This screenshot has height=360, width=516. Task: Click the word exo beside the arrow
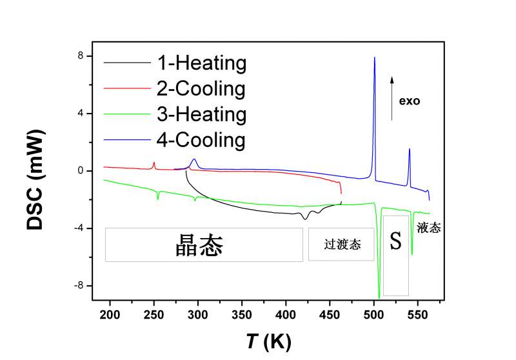(x=410, y=101)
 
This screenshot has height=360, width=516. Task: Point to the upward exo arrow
(x=392, y=97)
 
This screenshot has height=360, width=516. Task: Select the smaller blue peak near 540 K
(x=409, y=150)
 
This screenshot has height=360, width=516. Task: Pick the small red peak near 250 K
(x=154, y=163)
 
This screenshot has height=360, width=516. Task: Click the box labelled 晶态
(x=203, y=245)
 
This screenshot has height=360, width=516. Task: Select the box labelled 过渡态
(x=341, y=245)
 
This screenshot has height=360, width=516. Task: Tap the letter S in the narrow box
(x=395, y=242)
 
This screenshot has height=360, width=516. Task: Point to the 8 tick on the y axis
(x=80, y=56)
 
